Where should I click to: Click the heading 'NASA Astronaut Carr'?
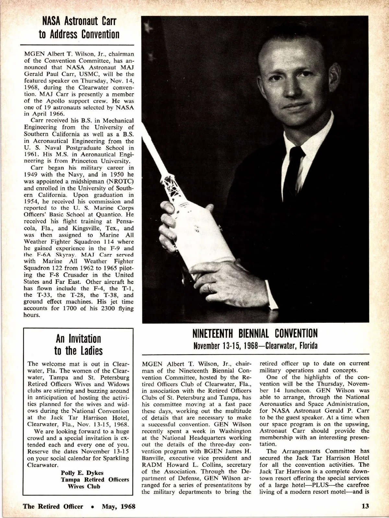click(77, 22)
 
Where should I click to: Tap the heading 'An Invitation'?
click(78, 339)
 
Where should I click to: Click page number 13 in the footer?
click(365, 506)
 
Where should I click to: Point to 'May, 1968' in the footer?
click(119, 506)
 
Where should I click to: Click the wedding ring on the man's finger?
click(211, 287)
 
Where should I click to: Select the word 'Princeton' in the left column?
click(86, 161)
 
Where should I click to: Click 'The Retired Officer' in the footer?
click(53, 506)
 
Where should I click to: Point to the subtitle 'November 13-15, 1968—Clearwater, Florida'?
click(255, 345)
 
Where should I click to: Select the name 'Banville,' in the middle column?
click(156, 458)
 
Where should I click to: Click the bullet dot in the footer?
click(93, 507)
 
